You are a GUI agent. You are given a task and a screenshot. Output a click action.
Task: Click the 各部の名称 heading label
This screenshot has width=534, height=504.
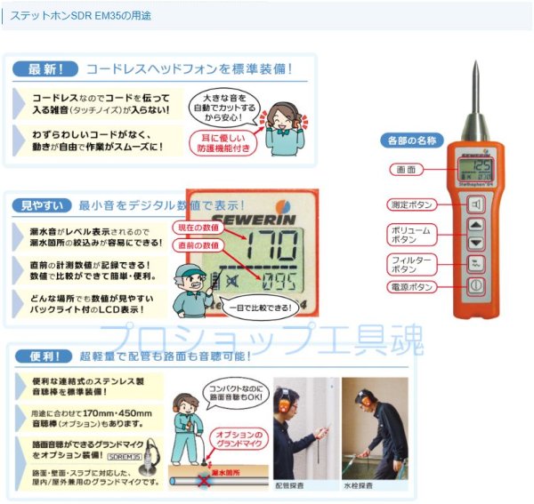[412, 140]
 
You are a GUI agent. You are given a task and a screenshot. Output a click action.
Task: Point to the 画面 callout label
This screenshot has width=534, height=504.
[406, 169]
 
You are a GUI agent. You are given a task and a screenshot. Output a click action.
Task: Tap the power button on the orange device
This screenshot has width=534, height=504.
[476, 287]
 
